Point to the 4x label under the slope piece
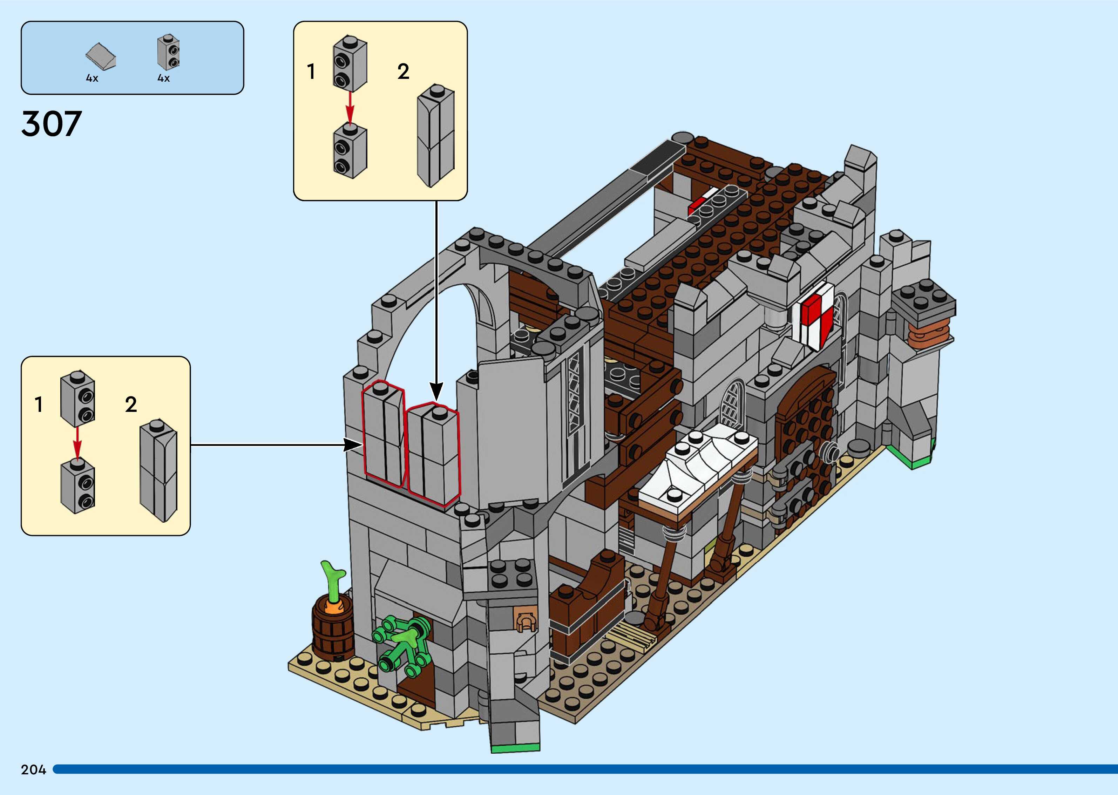[x=92, y=78]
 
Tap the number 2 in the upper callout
[x=403, y=72]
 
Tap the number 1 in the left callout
[x=39, y=405]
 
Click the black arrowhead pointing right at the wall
[x=352, y=445]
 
